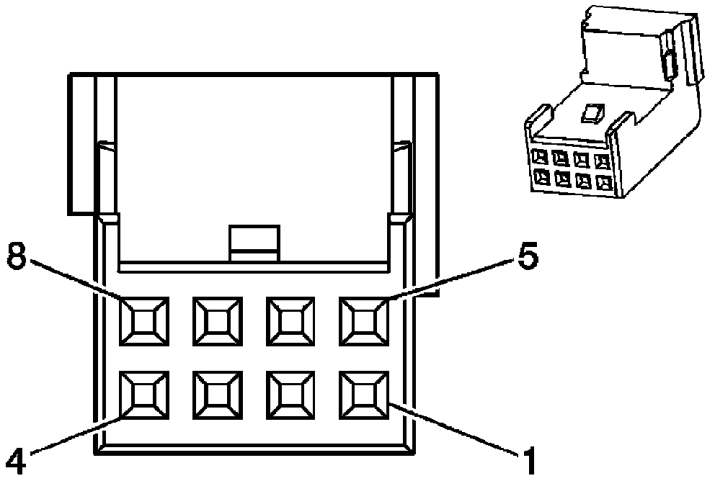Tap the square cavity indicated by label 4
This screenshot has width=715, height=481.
[x=144, y=395]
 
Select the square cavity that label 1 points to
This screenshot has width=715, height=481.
[x=364, y=395]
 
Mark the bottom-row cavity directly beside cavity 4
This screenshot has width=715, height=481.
[x=217, y=395]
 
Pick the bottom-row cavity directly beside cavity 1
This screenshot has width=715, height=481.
[x=290, y=395]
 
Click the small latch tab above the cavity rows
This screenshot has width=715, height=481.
[x=254, y=243]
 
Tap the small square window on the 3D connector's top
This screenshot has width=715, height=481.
[x=592, y=113]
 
